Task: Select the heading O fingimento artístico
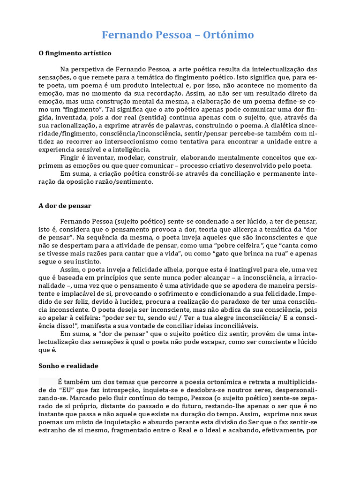click(x=75, y=53)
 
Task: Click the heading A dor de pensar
click(x=65, y=205)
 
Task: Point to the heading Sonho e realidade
click(x=68, y=365)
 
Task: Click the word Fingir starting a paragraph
click(x=69, y=158)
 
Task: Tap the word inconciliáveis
click(x=234, y=326)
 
